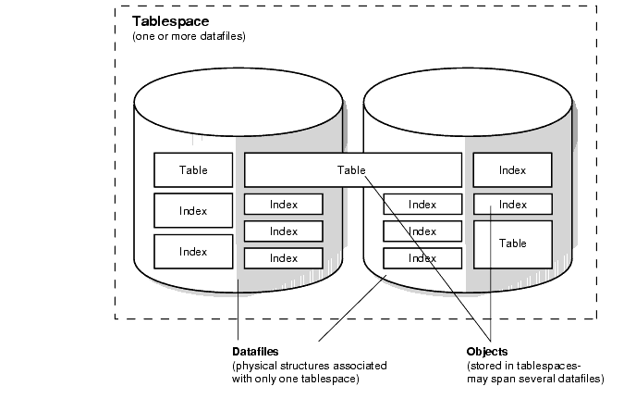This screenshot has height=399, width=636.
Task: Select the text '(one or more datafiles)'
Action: click(189, 36)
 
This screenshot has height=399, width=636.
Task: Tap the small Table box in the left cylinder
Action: click(193, 170)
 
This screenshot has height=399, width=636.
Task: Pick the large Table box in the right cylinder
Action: click(512, 243)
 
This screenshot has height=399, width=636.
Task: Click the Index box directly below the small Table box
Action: click(193, 211)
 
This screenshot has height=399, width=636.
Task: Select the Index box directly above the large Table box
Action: click(512, 205)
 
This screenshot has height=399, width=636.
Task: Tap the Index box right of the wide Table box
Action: click(512, 170)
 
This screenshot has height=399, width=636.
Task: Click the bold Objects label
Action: click(488, 353)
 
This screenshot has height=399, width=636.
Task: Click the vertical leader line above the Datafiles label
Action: click(238, 315)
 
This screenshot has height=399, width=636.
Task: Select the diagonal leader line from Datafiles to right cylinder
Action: click(351, 310)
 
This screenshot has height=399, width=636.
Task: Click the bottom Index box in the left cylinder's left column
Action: click(193, 251)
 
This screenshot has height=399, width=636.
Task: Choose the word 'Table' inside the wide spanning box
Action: click(351, 170)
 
